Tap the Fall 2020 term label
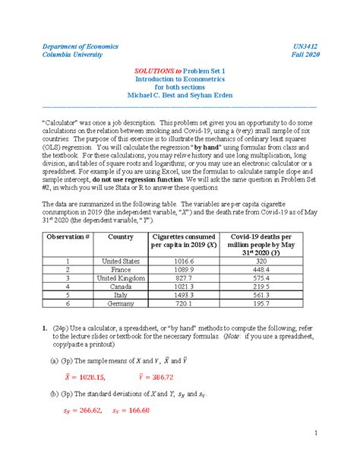(304, 55)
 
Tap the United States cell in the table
(122, 260)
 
